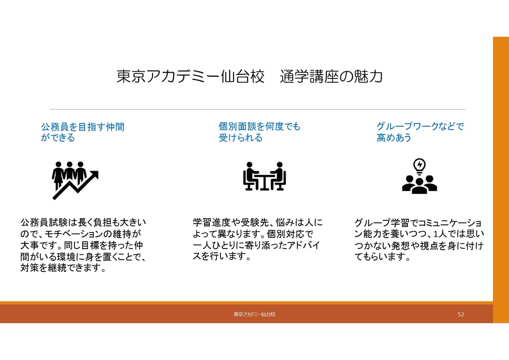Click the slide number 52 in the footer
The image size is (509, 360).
pos(461,314)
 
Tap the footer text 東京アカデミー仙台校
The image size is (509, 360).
pos(255,314)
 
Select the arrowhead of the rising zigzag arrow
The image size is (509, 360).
pos(94,176)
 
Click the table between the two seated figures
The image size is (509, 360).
pos(265,182)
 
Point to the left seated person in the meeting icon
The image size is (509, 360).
pos(250,176)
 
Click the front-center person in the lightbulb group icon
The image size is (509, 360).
pos(420,186)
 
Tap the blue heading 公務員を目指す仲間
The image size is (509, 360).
pos(83,127)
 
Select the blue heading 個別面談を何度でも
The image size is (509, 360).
pos(260,126)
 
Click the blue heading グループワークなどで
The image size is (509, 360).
pos(420,126)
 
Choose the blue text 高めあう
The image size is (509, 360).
pos(394,138)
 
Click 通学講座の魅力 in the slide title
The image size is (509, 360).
pos(332,76)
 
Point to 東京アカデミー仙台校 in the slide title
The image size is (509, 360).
pos(190,76)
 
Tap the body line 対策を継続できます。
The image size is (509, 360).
pos(63,268)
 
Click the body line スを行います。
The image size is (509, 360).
pos(221,256)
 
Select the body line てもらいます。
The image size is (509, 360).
pos(383,257)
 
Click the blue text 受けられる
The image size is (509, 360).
pos(241,138)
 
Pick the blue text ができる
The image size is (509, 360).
pos(58,138)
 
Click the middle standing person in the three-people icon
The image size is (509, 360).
pos(70,172)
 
